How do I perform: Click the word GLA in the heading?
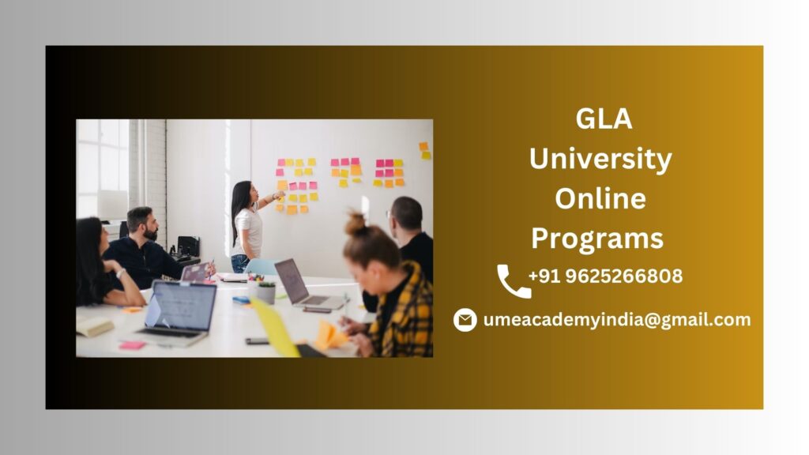[x=604, y=118]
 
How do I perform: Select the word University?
[x=600, y=159]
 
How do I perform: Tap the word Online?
[x=600, y=198]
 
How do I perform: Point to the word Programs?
[x=597, y=239]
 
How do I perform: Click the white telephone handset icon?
[x=514, y=281]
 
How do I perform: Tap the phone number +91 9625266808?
[x=605, y=276]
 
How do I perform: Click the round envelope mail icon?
[x=465, y=320]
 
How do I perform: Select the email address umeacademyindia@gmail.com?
[x=617, y=320]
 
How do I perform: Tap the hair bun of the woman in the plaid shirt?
[x=356, y=224]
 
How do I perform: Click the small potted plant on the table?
[x=266, y=292]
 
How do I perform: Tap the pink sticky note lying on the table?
[x=132, y=345]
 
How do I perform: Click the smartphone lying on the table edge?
[x=257, y=341]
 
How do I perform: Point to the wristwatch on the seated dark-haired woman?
[x=121, y=273]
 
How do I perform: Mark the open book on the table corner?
[x=95, y=325]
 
